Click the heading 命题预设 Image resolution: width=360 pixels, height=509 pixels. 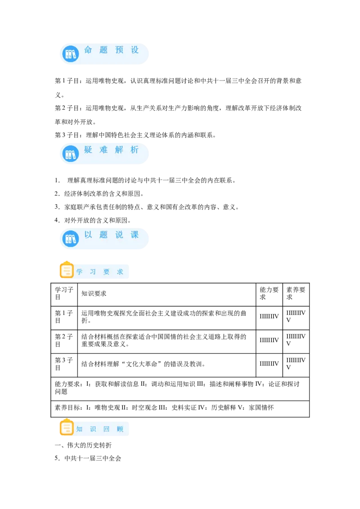click(x=112, y=49)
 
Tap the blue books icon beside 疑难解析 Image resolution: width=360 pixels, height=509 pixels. click(x=71, y=154)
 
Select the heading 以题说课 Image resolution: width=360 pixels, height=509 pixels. click(x=112, y=235)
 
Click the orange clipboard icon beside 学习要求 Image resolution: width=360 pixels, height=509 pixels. click(x=67, y=270)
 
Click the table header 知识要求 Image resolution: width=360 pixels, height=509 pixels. click(x=94, y=294)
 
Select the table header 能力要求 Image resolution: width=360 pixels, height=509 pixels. click(x=269, y=293)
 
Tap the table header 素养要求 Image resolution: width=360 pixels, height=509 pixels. click(x=296, y=293)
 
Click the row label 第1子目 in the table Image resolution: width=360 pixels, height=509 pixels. click(x=64, y=317)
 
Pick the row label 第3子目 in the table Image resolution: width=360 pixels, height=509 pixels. click(x=64, y=364)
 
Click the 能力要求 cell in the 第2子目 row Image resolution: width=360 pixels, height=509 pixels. click(x=269, y=340)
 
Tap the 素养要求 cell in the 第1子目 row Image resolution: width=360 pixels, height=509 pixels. click(x=296, y=317)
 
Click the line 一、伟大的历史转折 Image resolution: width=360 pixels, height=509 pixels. click(x=83, y=445)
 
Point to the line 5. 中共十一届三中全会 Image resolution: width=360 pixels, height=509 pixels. click(x=88, y=458)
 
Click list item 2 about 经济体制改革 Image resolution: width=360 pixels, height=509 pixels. click(x=99, y=194)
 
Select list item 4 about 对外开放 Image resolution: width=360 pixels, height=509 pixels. click(x=93, y=220)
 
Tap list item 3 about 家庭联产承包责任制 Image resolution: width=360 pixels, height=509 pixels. click(x=147, y=207)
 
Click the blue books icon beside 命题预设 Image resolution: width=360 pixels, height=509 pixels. click(x=71, y=54)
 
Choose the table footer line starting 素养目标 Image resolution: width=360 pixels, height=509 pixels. click(x=164, y=407)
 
